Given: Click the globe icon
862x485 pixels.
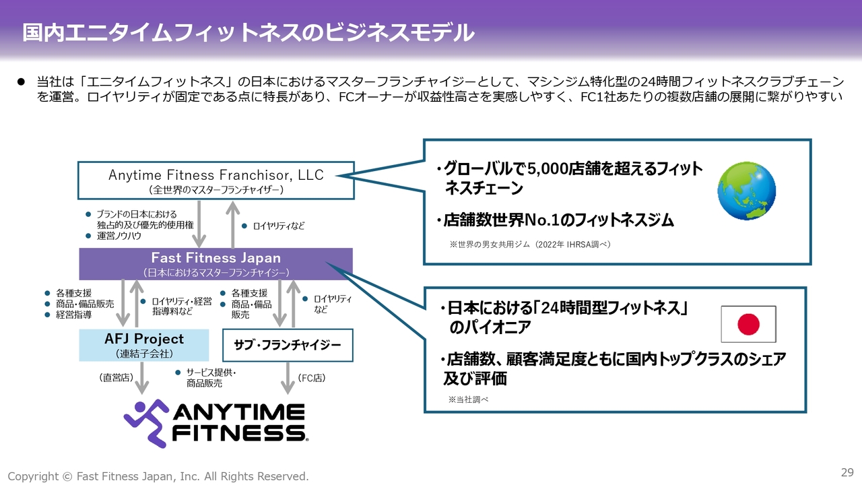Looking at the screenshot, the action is coord(747,191).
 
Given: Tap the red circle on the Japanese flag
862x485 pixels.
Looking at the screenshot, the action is coord(748,324).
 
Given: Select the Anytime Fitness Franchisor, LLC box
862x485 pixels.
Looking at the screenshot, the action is coord(216,181).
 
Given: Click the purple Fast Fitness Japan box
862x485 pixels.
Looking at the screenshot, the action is coord(216,264).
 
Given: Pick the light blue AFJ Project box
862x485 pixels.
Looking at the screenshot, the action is coord(144,346).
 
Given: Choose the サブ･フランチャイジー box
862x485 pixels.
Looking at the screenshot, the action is coord(288,346).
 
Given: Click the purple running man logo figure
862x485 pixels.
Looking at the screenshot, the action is coord(146,424).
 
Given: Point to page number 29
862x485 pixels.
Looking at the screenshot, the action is coord(847,472).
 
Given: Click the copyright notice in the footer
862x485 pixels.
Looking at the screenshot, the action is coord(158,476).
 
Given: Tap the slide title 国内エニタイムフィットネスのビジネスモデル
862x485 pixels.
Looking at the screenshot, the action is coord(248,32).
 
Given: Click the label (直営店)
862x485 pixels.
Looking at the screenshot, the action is coord(117,378).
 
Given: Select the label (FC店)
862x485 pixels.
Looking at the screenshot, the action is coord(312,378).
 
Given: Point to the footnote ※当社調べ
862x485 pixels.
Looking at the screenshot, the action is coord(468,399).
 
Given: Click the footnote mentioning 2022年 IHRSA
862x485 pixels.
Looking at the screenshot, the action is coord(530,245).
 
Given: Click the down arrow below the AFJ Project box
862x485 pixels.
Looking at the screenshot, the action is coord(142,379).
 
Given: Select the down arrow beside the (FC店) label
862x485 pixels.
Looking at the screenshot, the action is coord(288,379).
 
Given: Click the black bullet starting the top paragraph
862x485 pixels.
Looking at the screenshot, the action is coord(21,82).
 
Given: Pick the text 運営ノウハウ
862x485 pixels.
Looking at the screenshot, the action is coord(119,236).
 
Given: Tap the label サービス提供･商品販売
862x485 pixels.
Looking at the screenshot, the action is coord(211,378).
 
